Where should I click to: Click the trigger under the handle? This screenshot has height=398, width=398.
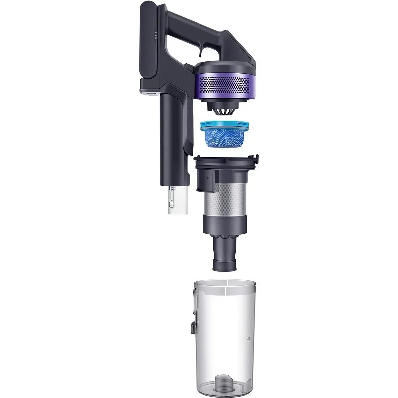pos(200,48)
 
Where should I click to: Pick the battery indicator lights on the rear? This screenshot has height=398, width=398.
pos(155,36)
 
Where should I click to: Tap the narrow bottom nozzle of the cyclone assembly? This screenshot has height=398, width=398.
pos(226,256)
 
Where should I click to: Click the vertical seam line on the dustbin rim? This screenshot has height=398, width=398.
pos(227,286)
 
